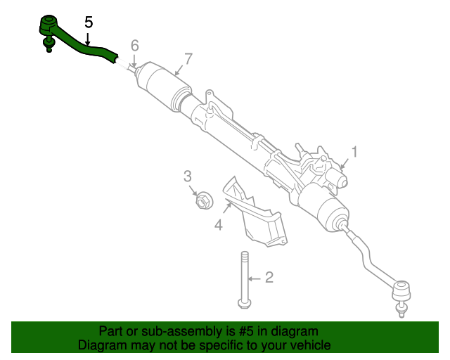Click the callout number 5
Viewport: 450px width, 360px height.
[88, 22]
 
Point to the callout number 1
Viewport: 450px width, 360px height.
[355, 151]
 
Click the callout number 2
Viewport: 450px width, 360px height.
[268, 278]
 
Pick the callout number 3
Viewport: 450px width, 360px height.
[188, 176]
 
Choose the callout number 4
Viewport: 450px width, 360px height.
[219, 224]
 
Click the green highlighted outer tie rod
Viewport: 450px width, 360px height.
[84, 49]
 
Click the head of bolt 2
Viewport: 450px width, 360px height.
[244, 303]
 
